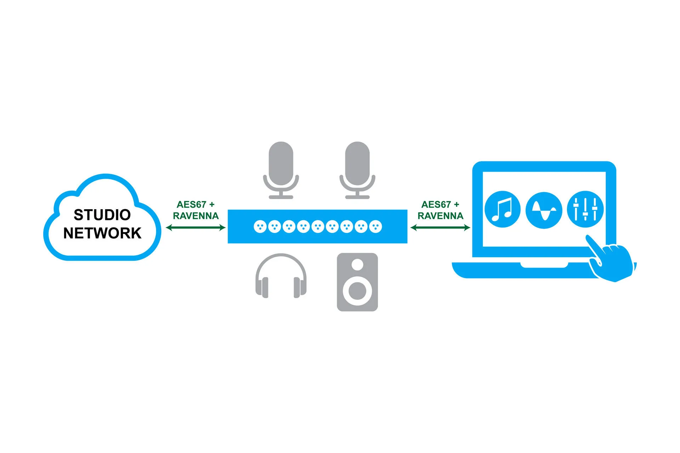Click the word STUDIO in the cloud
[102, 215]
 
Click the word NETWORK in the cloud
[102, 233]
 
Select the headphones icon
[281, 276]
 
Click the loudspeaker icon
[357, 282]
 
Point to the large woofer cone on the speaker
[357, 291]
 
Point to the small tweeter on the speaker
[357, 264]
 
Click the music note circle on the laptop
[502, 210]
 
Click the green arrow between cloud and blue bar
[195, 228]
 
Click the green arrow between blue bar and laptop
[440, 228]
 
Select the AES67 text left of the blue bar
[191, 205]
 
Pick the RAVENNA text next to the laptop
[440, 216]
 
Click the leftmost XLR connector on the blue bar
[260, 226]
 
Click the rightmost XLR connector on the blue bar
[375, 226]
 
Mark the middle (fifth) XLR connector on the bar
[318, 226]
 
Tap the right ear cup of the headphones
[299, 287]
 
